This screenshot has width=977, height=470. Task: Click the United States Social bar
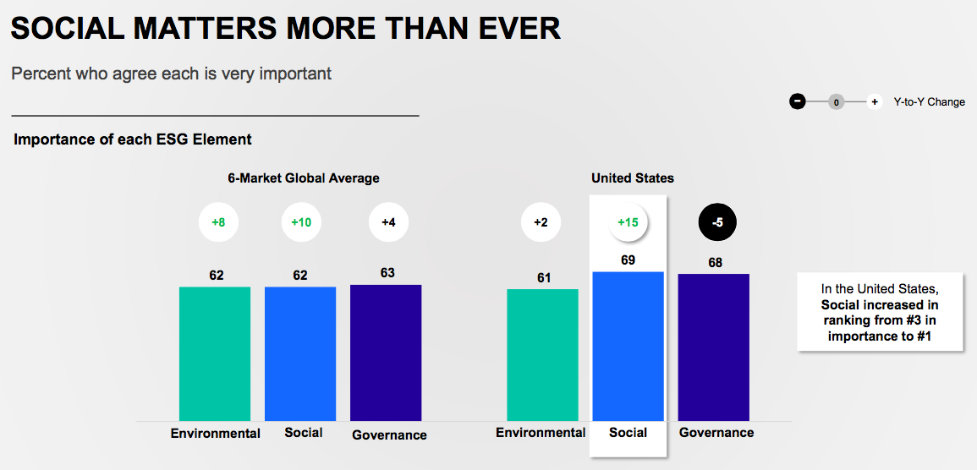point(628,346)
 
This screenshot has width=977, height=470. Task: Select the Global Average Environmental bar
point(215,353)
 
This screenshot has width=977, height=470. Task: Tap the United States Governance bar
point(714,347)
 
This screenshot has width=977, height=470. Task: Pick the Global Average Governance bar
point(386,352)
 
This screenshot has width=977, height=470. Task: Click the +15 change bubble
point(628,222)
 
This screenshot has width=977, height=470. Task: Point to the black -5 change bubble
point(717,222)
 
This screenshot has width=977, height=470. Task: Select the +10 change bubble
point(301,222)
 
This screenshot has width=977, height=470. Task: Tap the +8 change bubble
point(218,222)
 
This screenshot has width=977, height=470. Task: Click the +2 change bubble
point(541,222)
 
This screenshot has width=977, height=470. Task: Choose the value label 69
point(628,260)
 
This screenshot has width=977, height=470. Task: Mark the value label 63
point(387,273)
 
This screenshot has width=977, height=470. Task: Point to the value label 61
point(543,277)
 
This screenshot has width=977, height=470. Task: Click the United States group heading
point(632,178)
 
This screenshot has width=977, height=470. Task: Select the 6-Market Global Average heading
point(303,178)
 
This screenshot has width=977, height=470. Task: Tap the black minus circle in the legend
point(798,101)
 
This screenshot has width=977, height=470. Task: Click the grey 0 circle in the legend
point(836,101)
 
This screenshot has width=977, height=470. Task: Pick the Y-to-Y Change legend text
point(929,102)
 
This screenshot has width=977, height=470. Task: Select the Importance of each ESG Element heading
point(133,139)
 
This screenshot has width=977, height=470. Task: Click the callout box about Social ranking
point(881,311)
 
